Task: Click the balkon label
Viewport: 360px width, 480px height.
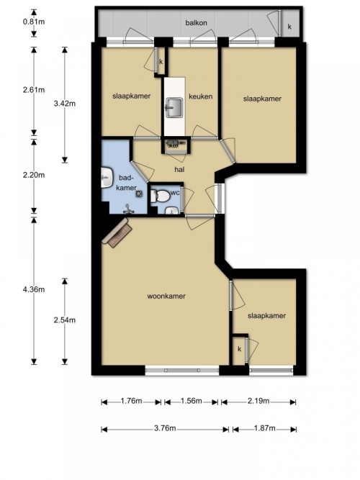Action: tap(196, 22)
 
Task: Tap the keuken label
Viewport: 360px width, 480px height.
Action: tap(200, 96)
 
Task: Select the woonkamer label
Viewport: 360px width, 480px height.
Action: tap(166, 296)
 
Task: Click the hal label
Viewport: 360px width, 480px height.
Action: tap(179, 169)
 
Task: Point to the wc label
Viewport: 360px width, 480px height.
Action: tap(175, 193)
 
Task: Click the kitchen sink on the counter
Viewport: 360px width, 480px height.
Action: tap(174, 108)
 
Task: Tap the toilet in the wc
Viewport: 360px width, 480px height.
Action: tap(160, 196)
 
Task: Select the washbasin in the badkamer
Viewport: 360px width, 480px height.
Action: tap(107, 178)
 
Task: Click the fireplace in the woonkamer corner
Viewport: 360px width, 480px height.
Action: tap(117, 232)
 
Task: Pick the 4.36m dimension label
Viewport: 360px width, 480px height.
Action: tap(34, 289)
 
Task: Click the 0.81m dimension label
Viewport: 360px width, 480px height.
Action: tap(34, 22)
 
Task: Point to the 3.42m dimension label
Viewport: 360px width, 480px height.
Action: tap(65, 104)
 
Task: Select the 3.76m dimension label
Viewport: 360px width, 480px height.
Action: tap(165, 428)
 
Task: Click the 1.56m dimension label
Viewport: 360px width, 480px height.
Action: tap(192, 401)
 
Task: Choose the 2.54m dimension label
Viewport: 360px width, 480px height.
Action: tap(65, 320)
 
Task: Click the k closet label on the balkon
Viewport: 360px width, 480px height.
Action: tap(289, 27)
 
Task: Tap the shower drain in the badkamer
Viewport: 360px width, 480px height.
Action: tap(140, 194)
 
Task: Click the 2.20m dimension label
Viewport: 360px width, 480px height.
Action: tap(34, 175)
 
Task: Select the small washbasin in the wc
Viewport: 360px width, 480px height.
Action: tap(172, 211)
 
